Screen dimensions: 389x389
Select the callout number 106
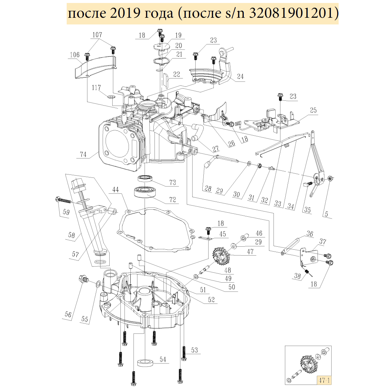(x=74, y=55)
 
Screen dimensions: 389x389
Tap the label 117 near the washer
(x=97, y=88)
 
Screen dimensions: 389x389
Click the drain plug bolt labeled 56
(x=83, y=279)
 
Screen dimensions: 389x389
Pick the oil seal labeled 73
(x=147, y=179)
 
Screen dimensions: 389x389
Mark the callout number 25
(x=313, y=110)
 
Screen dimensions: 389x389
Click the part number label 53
(x=194, y=350)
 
